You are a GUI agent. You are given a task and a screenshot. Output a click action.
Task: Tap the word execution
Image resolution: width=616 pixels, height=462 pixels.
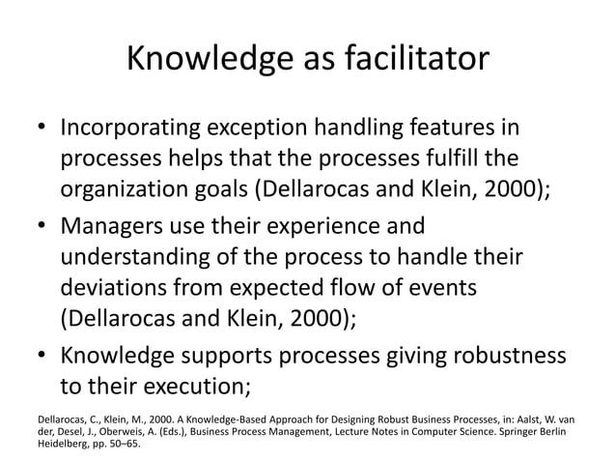[197, 387]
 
